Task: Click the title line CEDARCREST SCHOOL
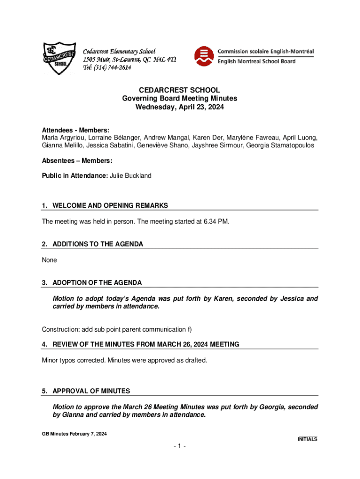(x=180, y=90)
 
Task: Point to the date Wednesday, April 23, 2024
(x=180, y=107)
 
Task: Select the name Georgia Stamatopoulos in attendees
(x=280, y=145)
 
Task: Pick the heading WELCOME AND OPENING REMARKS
(x=110, y=206)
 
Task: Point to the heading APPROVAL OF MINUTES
(x=91, y=391)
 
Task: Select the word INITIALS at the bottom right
(x=308, y=439)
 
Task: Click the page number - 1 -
(x=180, y=447)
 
